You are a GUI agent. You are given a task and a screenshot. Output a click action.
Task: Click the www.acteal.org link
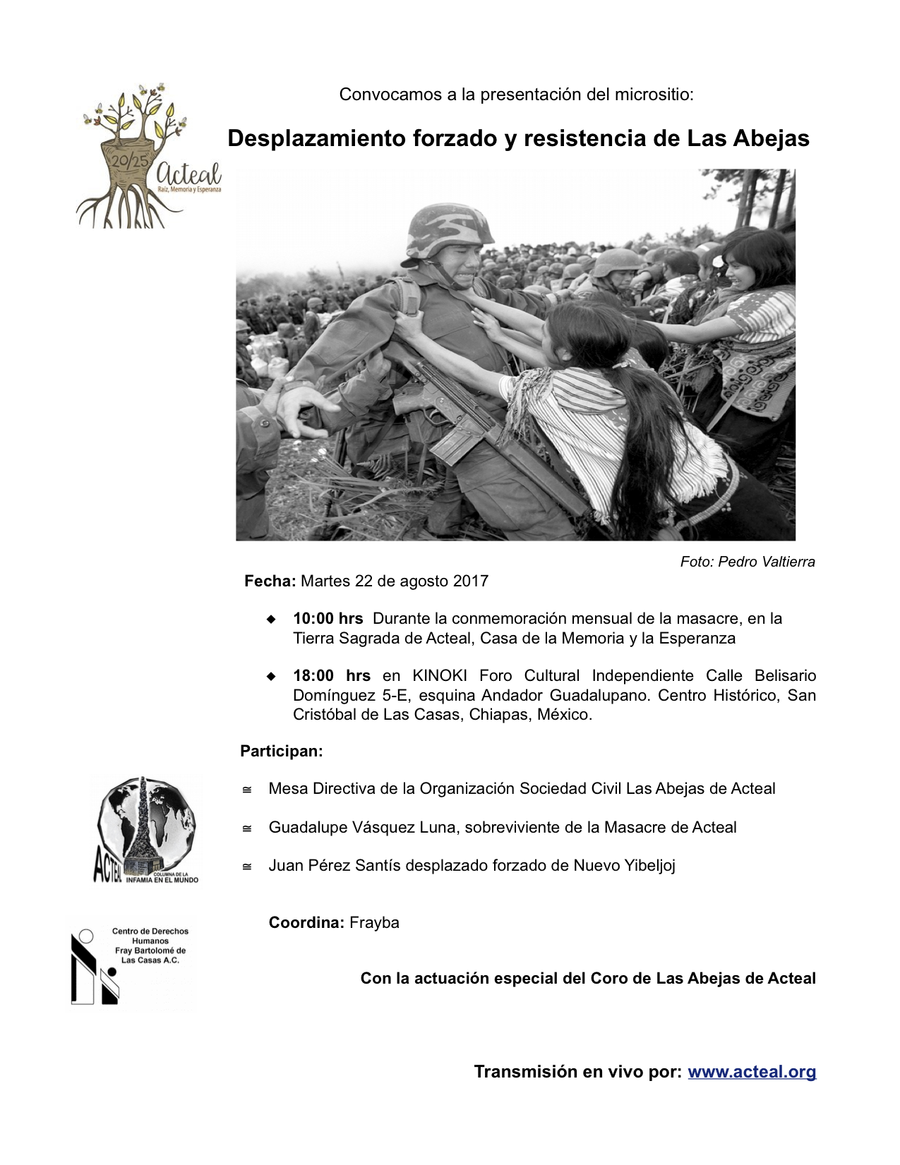point(752,1072)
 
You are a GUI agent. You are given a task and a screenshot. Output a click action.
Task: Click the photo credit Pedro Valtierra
point(748,562)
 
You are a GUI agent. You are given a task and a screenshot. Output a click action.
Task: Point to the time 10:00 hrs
point(328,619)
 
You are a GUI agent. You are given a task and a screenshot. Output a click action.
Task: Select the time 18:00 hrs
point(331,676)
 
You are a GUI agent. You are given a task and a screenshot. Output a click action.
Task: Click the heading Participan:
point(281,751)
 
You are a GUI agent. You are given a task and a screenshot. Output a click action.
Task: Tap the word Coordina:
point(306,923)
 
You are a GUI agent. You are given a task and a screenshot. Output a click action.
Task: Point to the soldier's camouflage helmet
point(450,229)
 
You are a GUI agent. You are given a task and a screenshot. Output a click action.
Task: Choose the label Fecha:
point(270,581)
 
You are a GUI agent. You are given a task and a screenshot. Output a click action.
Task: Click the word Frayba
point(374,923)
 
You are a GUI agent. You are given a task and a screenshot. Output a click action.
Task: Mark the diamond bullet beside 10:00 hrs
point(271,619)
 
